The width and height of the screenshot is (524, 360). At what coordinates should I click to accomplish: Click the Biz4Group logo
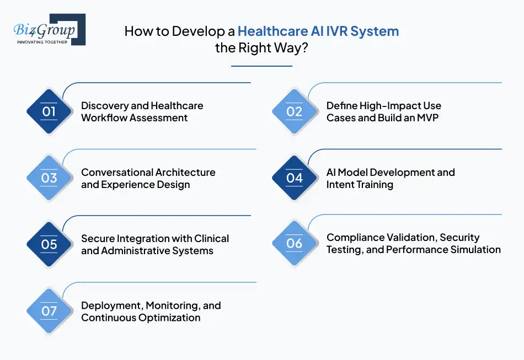[x=50, y=29]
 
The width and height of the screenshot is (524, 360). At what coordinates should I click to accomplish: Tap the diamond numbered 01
[x=49, y=111]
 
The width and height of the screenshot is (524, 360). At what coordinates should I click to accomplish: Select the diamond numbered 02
[x=295, y=111]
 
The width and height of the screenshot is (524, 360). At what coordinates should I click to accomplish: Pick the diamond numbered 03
[x=49, y=178]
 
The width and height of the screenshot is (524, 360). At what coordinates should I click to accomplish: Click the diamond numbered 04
[x=295, y=178]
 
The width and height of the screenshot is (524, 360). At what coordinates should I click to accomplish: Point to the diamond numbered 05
[x=49, y=244]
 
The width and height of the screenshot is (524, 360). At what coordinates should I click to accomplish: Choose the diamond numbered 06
[x=295, y=243]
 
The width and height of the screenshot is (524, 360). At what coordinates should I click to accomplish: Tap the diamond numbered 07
[x=49, y=311]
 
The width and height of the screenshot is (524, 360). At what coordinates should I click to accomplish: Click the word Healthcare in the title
[x=272, y=31]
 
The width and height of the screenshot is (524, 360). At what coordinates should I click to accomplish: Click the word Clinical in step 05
[x=212, y=239]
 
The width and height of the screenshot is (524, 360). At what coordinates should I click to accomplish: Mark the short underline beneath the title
[x=261, y=66]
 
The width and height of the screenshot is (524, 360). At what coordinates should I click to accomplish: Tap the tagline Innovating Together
[x=42, y=42]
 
